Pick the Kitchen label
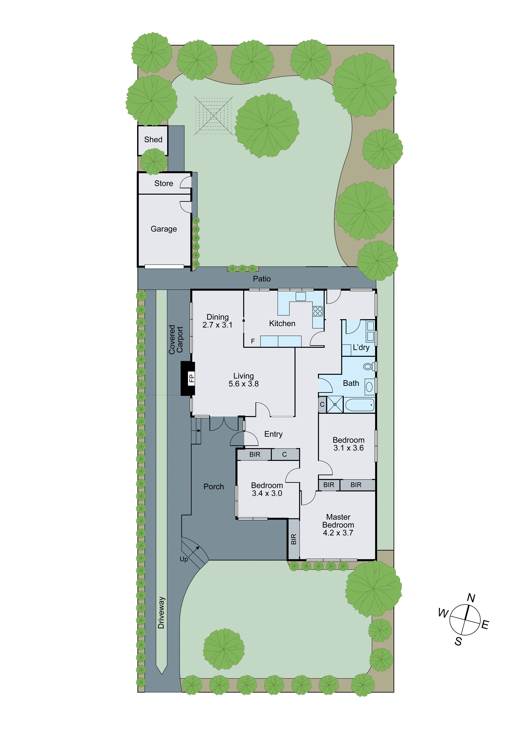tap(282, 323)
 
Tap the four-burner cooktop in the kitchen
tap(318, 311)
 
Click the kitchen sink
tap(301, 296)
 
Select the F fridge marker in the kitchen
tap(253, 341)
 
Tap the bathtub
tap(360, 405)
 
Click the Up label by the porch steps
tap(184, 559)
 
